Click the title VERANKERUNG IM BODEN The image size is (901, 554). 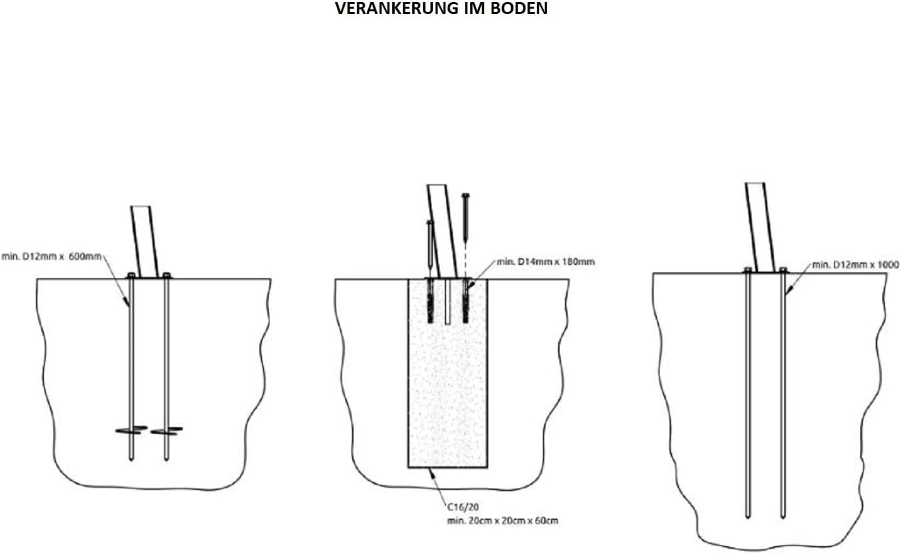pos(441,9)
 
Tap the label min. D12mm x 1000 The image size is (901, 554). pos(855,265)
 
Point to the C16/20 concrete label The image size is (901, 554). pos(460,507)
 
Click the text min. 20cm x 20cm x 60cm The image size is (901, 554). pos(502,520)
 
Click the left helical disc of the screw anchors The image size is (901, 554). pos(131,430)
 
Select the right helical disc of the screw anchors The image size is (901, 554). pos(166,431)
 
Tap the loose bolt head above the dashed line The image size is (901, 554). pos(466,196)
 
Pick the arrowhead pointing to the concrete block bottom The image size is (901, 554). pos(432,471)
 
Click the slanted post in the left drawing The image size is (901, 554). pos(145,240)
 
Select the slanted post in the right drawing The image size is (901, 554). pos(761,227)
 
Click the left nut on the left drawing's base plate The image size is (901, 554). pos(131,274)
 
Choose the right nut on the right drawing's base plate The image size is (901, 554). pos(782,270)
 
